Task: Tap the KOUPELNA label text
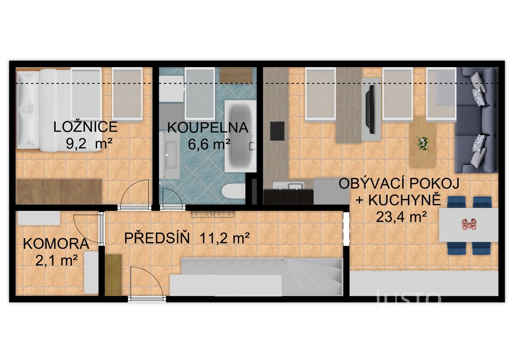[x=208, y=128]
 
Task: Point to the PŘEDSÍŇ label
[x=157, y=238]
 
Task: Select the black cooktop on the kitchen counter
[x=277, y=131]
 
